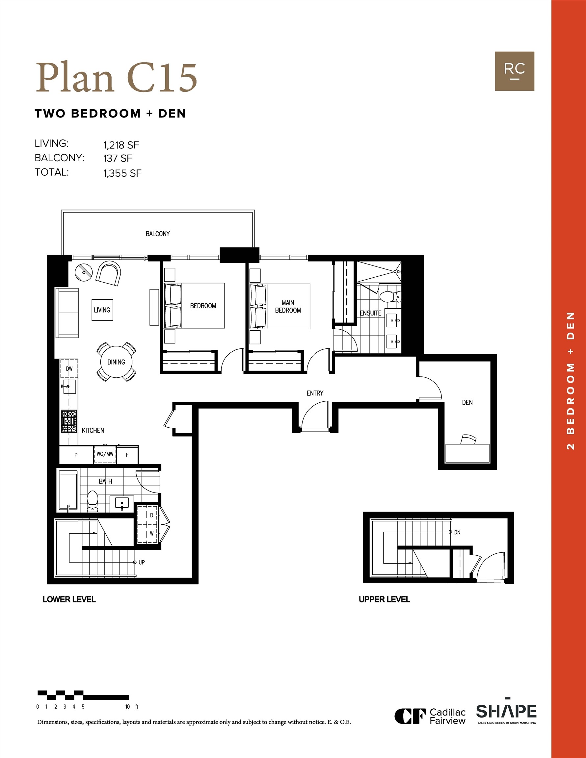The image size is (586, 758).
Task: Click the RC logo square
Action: [x=515, y=71]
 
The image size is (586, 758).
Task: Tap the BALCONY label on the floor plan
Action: [x=158, y=234]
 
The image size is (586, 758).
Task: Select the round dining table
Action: [x=116, y=362]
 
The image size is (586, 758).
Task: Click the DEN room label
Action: [x=467, y=403]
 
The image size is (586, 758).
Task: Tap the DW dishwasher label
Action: [x=69, y=368]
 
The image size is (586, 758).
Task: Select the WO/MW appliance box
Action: [x=105, y=454]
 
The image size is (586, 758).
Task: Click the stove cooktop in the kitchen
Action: [x=69, y=421]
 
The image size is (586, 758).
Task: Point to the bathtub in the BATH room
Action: [x=68, y=491]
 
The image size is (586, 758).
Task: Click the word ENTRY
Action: [x=315, y=393]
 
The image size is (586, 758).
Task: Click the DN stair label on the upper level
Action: [x=457, y=532]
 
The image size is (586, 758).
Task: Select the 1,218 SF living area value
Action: [x=121, y=145]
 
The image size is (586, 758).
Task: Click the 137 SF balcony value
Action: [x=118, y=159]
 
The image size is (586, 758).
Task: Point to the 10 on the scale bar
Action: [x=127, y=707]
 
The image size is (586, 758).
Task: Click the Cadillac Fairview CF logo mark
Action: [x=410, y=716]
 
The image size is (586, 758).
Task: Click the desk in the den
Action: [x=467, y=453]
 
